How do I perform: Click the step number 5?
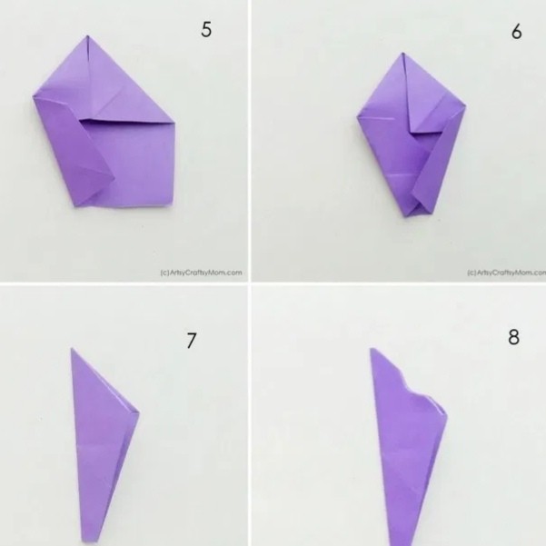(x=206, y=30)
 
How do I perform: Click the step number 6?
(x=517, y=32)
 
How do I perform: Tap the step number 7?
(x=192, y=340)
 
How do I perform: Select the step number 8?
(x=513, y=337)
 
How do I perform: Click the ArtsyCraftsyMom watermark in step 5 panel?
(x=202, y=273)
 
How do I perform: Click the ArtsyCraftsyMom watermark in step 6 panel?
(x=506, y=273)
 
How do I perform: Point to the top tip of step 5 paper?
(x=87, y=35)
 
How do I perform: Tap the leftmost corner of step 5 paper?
(x=34, y=97)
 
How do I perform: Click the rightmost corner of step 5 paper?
(x=174, y=123)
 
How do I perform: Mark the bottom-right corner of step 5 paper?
(x=172, y=206)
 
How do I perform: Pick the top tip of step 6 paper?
(x=402, y=54)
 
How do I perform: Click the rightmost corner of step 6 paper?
(x=465, y=106)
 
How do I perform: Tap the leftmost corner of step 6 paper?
(x=358, y=118)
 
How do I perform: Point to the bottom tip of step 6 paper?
(x=405, y=216)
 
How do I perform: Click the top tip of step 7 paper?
(x=72, y=348)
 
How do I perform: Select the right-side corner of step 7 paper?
(x=139, y=412)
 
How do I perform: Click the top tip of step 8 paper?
(x=372, y=349)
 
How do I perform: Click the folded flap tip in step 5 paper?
(x=114, y=178)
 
